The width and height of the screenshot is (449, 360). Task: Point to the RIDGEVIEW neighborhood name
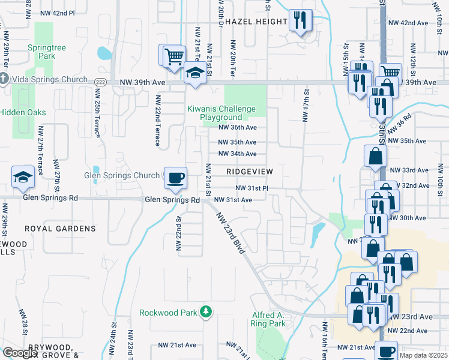click(x=250, y=172)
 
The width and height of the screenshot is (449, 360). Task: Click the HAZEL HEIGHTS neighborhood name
click(x=256, y=22)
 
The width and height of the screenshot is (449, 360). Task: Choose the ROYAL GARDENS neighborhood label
click(x=60, y=229)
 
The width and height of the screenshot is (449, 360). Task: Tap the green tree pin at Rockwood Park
click(x=206, y=311)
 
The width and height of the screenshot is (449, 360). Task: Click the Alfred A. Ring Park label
click(x=268, y=319)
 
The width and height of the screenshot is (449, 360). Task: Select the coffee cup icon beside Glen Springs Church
click(x=175, y=178)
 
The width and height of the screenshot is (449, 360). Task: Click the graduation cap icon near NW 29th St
click(x=23, y=176)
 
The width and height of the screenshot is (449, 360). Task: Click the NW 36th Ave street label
click(x=237, y=127)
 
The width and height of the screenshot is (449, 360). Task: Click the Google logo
click(x=19, y=353)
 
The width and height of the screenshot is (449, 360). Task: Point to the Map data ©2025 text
click(x=423, y=355)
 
